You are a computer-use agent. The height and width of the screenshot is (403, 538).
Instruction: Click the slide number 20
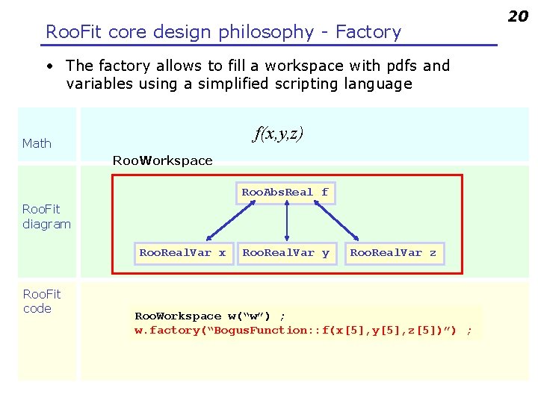tap(518, 16)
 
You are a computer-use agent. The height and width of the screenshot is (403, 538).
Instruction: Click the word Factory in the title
tap(368, 32)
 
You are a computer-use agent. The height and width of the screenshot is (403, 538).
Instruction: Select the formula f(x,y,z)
tap(278, 134)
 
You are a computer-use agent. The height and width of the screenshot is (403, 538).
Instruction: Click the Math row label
tap(37, 143)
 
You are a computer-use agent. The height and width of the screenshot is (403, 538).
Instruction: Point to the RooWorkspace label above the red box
tap(162, 160)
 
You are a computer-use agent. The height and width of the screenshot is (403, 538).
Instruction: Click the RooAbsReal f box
tap(285, 193)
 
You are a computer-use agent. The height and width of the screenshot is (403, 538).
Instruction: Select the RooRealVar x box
tap(182, 253)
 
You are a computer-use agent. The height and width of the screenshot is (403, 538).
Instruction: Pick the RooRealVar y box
tap(286, 253)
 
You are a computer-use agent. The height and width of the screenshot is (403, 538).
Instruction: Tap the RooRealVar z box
tap(393, 253)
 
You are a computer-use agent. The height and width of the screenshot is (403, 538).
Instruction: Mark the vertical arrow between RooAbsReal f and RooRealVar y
tap(287, 222)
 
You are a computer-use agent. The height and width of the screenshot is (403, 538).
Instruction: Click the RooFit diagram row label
tap(46, 216)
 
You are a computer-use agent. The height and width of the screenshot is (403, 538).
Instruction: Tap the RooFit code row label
tap(41, 301)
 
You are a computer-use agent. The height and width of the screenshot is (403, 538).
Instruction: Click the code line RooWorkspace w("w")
tap(209, 316)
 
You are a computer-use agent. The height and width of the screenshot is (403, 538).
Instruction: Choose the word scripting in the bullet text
tap(295, 84)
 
